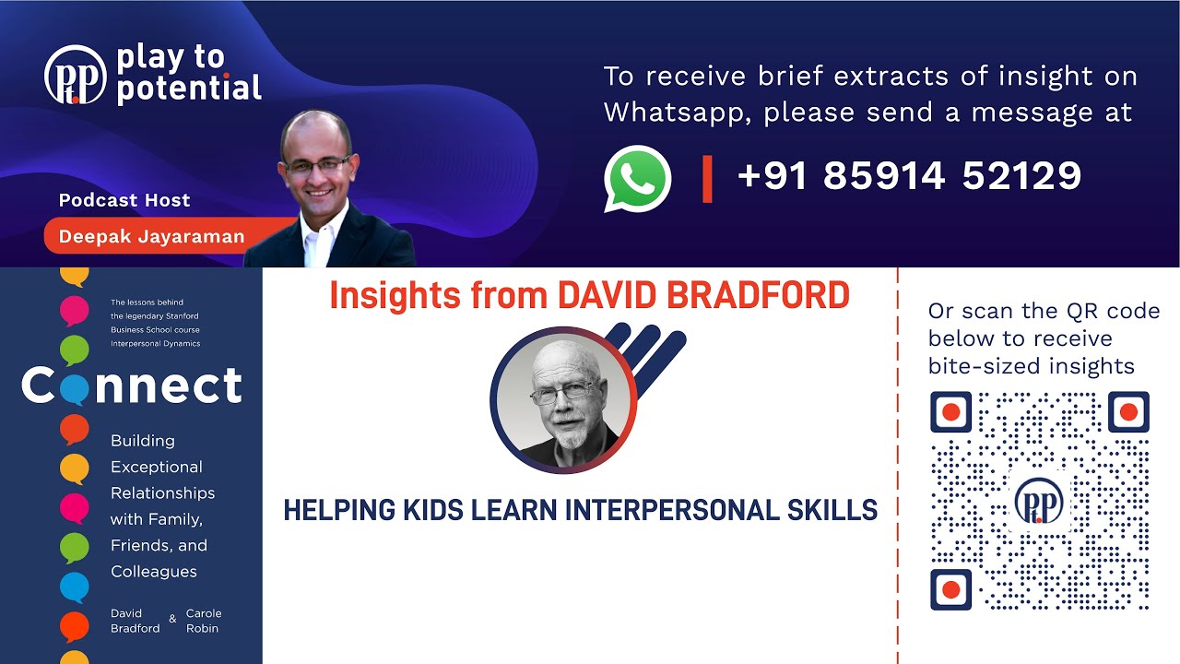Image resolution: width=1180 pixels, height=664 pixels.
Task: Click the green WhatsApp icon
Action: click(x=637, y=179)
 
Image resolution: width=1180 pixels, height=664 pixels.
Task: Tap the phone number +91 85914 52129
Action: click(x=909, y=175)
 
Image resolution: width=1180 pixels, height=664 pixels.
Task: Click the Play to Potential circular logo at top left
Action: click(x=76, y=75)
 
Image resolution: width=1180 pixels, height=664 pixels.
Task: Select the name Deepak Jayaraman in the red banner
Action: click(x=151, y=237)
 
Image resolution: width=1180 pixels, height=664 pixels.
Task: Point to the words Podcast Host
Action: click(x=124, y=200)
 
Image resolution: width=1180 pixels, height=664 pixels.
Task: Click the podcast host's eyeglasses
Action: click(x=318, y=165)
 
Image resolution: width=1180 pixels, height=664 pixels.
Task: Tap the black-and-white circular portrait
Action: click(x=562, y=398)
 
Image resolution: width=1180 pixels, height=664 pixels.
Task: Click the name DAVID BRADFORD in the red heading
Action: click(x=703, y=295)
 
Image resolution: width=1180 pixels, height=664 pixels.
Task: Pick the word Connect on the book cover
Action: click(x=132, y=386)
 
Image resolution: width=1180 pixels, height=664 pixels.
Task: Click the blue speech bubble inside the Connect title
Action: click(x=75, y=388)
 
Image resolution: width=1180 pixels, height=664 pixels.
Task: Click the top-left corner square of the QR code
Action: click(x=951, y=412)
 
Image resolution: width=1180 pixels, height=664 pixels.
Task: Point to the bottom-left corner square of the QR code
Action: click(x=951, y=589)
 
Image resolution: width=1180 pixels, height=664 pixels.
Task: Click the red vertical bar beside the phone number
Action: click(x=707, y=179)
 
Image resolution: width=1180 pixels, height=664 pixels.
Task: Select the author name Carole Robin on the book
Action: click(x=204, y=621)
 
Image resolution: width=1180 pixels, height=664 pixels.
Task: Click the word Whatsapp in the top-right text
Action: click(x=676, y=113)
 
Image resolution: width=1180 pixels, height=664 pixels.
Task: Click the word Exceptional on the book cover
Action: click(x=157, y=467)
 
